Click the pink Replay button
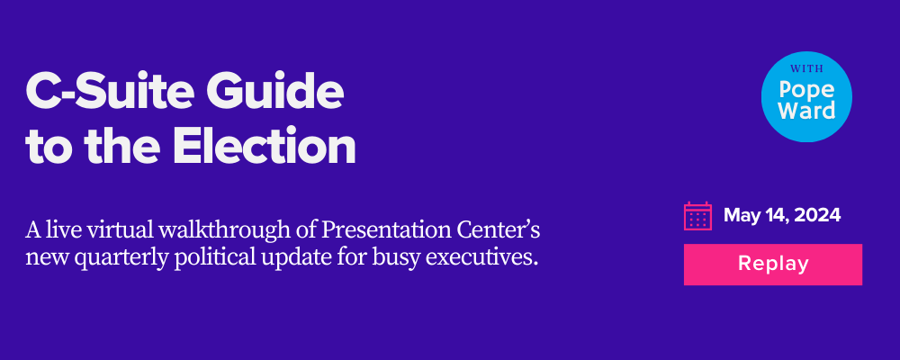click(772, 264)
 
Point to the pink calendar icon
click(697, 216)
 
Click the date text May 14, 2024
click(782, 216)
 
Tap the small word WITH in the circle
click(806, 69)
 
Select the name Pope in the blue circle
click(806, 91)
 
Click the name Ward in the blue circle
click(806, 111)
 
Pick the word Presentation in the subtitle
click(380, 230)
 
